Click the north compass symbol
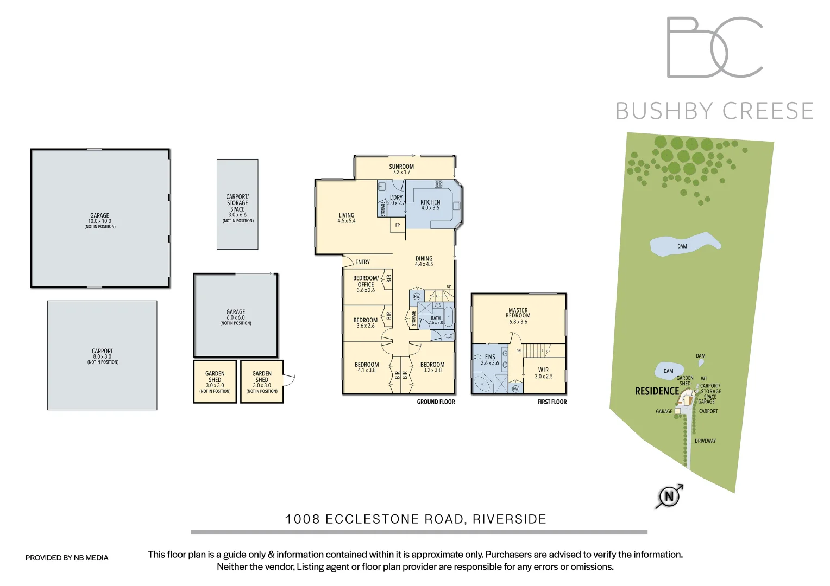click(669, 496)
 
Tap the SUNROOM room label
click(401, 169)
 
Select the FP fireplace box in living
click(398, 225)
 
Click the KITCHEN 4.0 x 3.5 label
click(430, 205)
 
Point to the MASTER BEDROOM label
click(518, 316)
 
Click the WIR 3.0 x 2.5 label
click(543, 373)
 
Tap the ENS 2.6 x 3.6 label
click(489, 360)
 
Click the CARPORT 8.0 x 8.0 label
click(102, 354)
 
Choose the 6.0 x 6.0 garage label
click(236, 315)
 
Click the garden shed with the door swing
click(262, 381)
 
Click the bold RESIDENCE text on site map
click(657, 391)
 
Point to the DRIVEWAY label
click(705, 441)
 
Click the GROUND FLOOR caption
click(436, 402)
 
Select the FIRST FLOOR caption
click(552, 402)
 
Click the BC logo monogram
click(714, 47)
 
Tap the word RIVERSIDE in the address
click(509, 519)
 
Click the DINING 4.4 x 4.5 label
click(424, 261)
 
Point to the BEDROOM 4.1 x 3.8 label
click(367, 367)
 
